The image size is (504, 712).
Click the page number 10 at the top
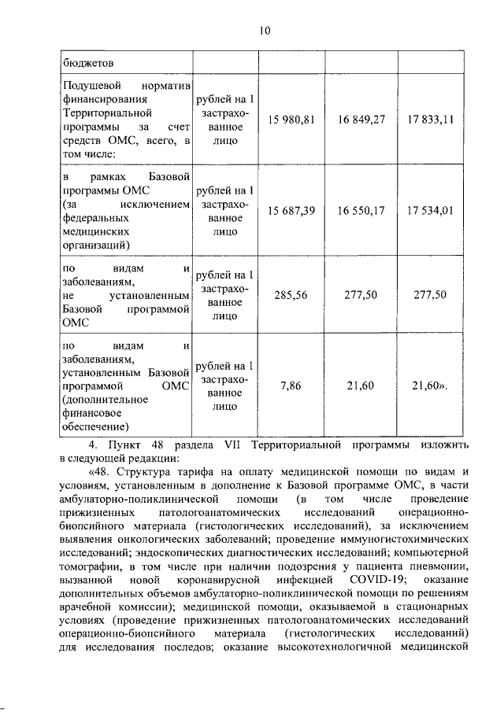264,31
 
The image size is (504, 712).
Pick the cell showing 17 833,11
430,120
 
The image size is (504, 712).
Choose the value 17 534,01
430,212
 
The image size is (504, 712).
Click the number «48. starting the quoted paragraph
103,472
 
